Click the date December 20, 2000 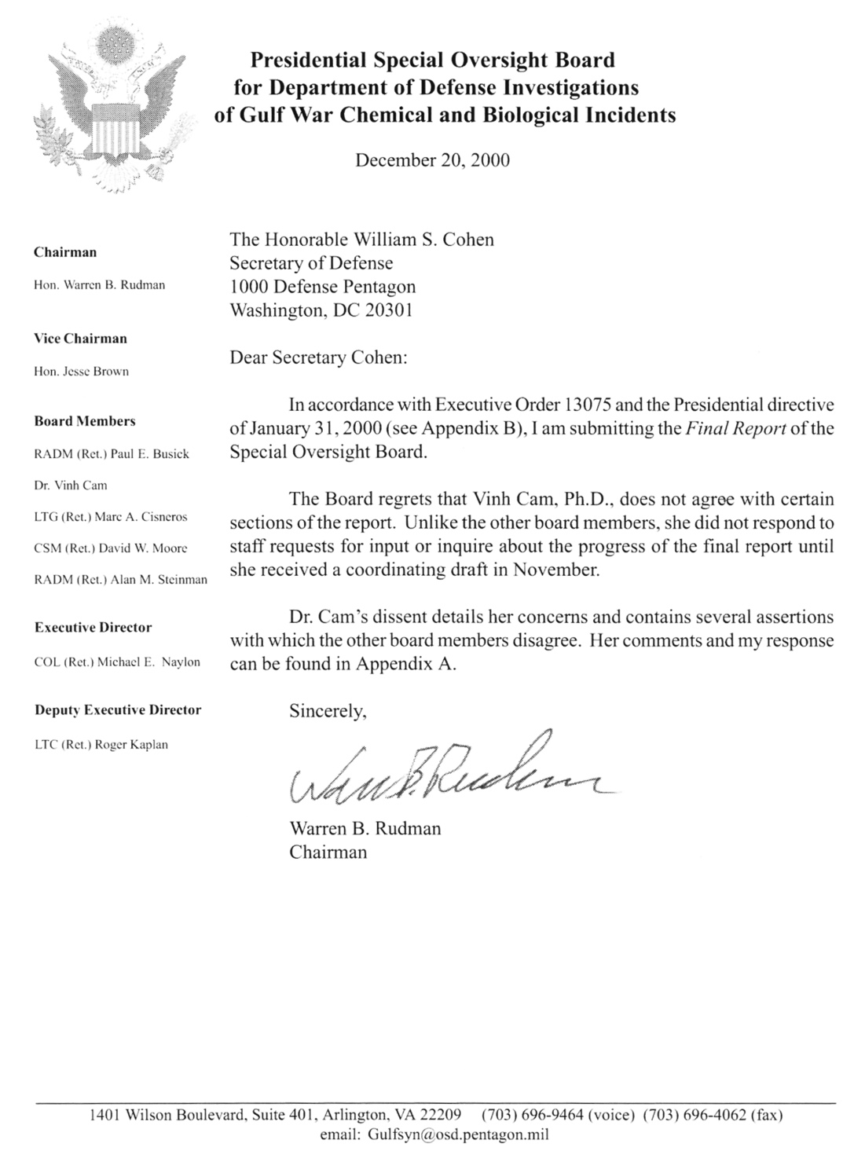click(x=432, y=160)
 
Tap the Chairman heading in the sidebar click(x=65, y=252)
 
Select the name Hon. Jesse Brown click(x=82, y=372)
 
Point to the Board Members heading click(x=85, y=421)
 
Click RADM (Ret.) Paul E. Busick click(x=112, y=454)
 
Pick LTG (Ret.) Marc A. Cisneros click(x=111, y=517)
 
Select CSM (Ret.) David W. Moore click(x=111, y=548)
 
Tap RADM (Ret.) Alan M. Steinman click(x=121, y=580)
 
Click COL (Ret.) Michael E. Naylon click(x=118, y=662)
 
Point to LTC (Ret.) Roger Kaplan click(x=101, y=745)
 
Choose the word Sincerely click(x=328, y=712)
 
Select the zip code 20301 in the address click(x=385, y=310)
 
